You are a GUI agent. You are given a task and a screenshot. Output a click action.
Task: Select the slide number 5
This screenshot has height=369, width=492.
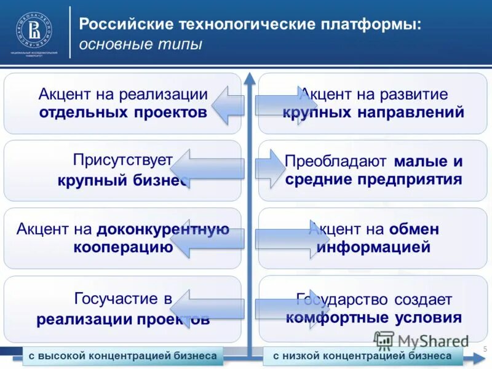[485, 350]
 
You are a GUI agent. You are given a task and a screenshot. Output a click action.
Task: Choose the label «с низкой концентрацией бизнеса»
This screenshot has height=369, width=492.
[362, 356]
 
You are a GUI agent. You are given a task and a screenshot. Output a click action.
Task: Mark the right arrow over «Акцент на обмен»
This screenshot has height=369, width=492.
[283, 239]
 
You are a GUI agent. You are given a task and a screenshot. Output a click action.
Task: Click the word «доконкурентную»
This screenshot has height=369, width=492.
[162, 229]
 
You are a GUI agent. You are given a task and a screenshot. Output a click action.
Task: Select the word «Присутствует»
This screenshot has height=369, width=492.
[122, 161]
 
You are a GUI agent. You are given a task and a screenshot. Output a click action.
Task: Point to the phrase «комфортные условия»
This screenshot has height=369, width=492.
[373, 318]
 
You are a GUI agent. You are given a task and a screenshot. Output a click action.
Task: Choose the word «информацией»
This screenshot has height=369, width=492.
[373, 247]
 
